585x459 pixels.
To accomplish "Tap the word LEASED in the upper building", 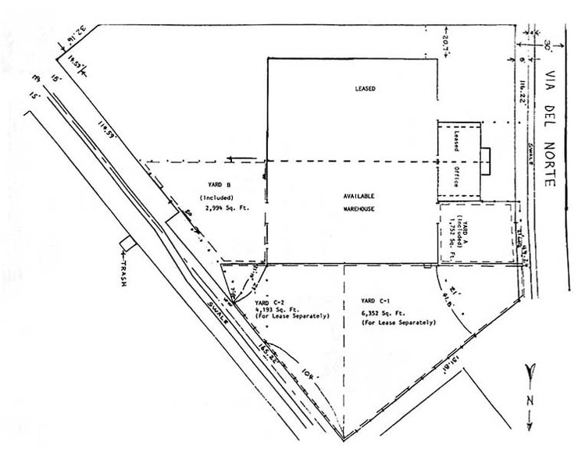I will click(x=365, y=89).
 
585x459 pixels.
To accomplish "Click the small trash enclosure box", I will click(x=127, y=243).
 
